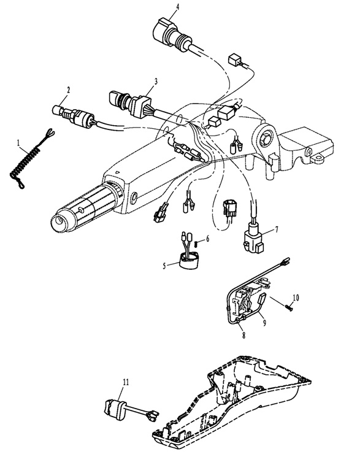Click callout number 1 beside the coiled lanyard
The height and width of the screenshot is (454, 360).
(x=19, y=142)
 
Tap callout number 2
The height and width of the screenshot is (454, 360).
(x=69, y=90)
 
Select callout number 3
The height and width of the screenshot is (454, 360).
(x=156, y=82)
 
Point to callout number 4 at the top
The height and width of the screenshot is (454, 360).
(x=177, y=6)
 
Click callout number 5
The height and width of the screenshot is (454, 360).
(x=164, y=266)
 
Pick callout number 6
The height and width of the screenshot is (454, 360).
(x=207, y=239)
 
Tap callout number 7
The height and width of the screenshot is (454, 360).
(x=277, y=229)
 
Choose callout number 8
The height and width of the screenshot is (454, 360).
(x=243, y=335)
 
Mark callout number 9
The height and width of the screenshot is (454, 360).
(x=264, y=323)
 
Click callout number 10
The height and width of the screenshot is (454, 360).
(x=296, y=298)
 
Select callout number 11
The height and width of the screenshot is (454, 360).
(x=126, y=382)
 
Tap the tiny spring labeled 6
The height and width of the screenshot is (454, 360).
(x=196, y=244)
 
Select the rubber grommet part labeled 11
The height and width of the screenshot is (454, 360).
(x=114, y=409)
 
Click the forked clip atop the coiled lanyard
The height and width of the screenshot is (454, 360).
(x=50, y=134)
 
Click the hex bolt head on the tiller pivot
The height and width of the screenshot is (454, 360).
(x=266, y=139)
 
